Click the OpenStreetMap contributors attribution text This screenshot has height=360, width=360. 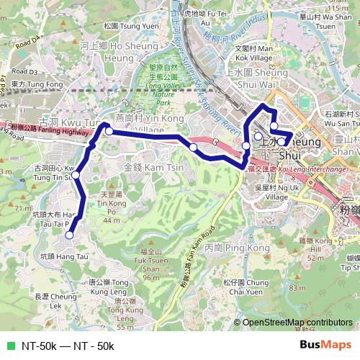pos(297,323)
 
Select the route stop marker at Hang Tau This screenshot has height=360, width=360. pos(69,235)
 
